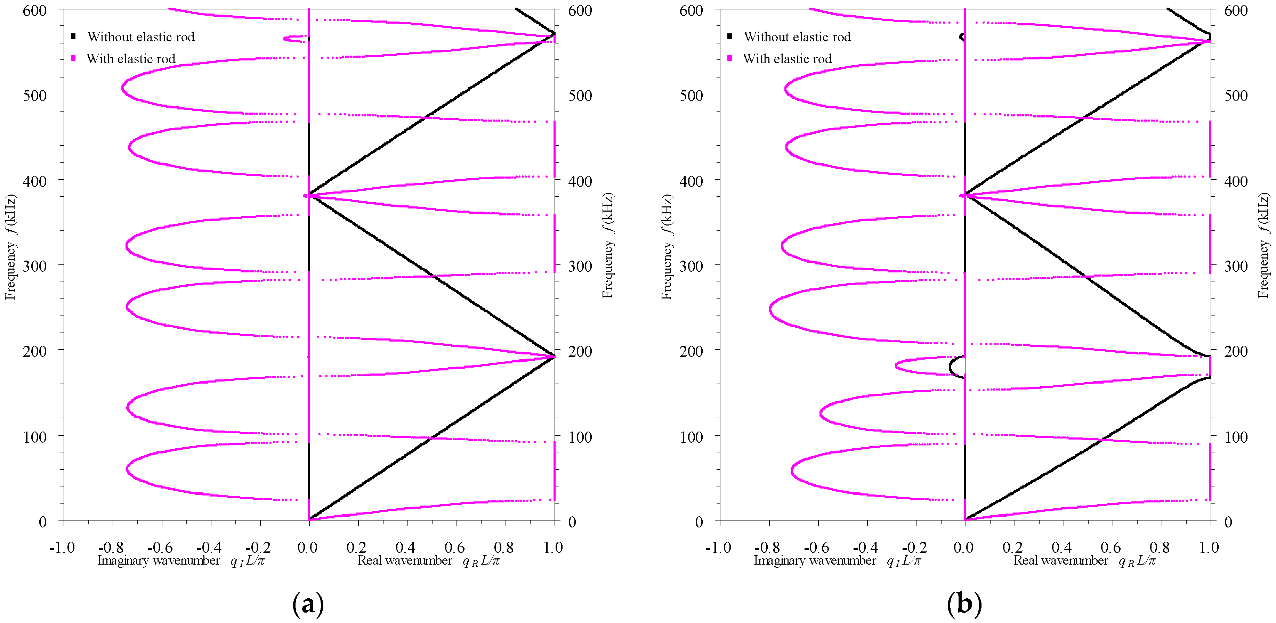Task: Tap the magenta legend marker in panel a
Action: click(73, 58)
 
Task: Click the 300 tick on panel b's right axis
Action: click(1235, 266)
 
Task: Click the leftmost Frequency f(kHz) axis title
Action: click(10, 246)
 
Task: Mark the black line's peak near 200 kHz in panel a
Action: click(553, 356)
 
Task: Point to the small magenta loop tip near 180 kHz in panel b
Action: click(897, 366)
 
